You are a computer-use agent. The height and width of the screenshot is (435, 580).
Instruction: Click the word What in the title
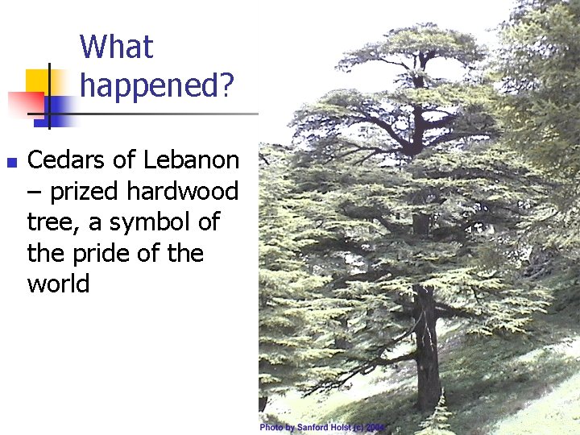tap(116, 47)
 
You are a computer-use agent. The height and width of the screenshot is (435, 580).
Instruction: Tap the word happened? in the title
tap(157, 84)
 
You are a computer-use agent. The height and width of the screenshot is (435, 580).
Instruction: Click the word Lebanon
tap(191, 160)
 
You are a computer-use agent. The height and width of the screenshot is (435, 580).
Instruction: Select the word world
tap(58, 284)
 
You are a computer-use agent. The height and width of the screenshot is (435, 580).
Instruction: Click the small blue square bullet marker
tap(11, 163)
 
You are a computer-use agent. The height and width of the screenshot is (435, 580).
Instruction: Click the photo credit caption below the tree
tap(323, 427)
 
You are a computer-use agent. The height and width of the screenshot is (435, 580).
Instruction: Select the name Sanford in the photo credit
tap(315, 427)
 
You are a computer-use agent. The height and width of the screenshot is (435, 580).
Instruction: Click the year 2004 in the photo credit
tap(376, 427)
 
